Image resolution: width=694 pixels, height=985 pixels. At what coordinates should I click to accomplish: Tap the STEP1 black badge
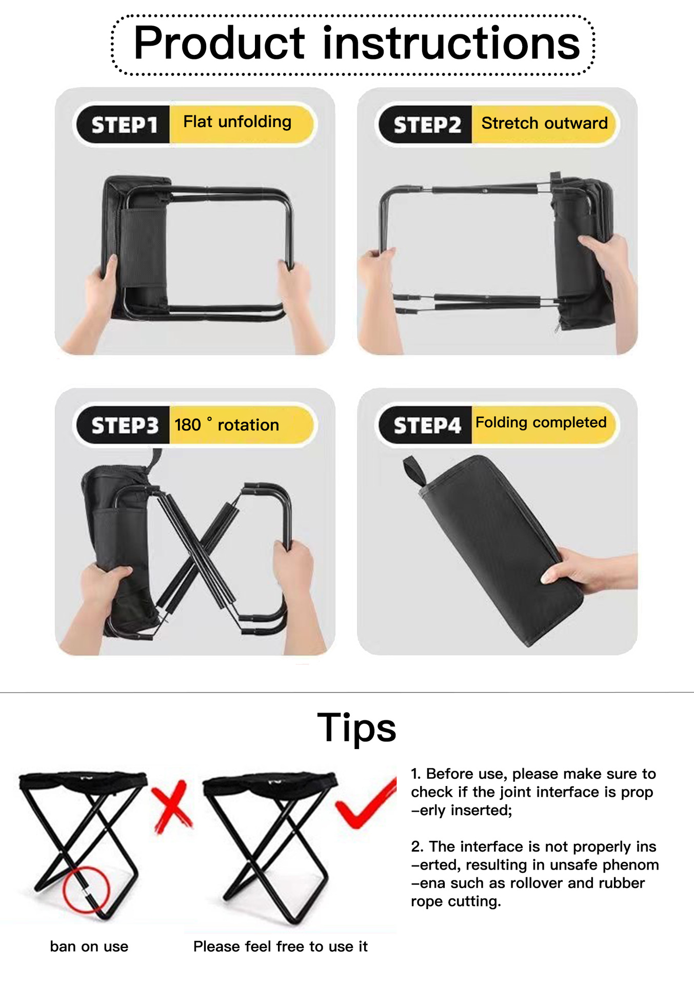coord(123,125)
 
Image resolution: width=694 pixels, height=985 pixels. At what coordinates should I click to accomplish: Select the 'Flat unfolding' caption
coord(237,122)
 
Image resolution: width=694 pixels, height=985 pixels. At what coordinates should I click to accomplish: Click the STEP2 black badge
coord(425,125)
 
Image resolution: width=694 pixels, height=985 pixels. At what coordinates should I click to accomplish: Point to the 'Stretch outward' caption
coord(544,123)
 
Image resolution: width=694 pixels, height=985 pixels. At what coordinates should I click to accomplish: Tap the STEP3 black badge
coord(123,425)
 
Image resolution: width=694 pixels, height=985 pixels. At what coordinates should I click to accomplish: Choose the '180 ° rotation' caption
coord(227,425)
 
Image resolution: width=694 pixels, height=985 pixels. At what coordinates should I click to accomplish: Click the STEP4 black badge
coord(425,425)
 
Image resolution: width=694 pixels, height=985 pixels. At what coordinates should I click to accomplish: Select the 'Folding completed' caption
coord(541,422)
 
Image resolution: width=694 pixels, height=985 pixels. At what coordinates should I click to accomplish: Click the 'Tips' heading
coord(356,728)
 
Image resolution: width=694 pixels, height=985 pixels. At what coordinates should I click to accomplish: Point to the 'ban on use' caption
coord(89,947)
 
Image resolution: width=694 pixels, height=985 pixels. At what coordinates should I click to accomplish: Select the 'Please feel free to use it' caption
coord(281,947)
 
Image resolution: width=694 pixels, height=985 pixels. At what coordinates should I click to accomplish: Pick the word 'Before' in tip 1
coord(450,774)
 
